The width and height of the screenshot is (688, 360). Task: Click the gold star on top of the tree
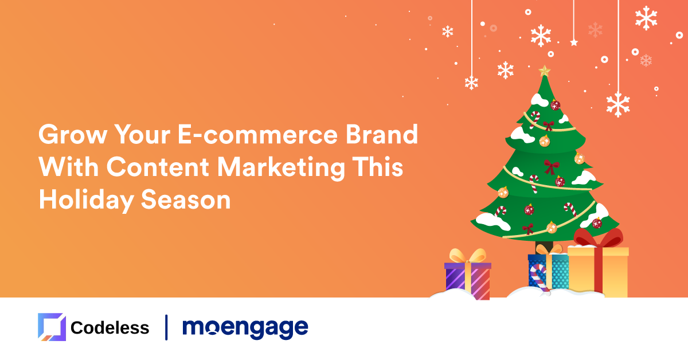tap(544, 71)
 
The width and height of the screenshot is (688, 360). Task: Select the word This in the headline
tap(377, 167)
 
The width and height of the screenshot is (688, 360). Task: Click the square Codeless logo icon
tap(52, 327)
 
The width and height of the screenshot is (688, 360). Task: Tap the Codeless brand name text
tap(110, 328)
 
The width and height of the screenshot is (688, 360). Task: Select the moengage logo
tap(245, 328)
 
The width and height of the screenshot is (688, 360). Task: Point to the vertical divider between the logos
tap(166, 327)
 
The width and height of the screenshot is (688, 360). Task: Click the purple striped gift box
tap(468, 280)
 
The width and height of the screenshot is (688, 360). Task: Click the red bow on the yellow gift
tap(598, 238)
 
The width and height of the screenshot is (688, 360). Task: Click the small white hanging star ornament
tap(573, 42)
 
